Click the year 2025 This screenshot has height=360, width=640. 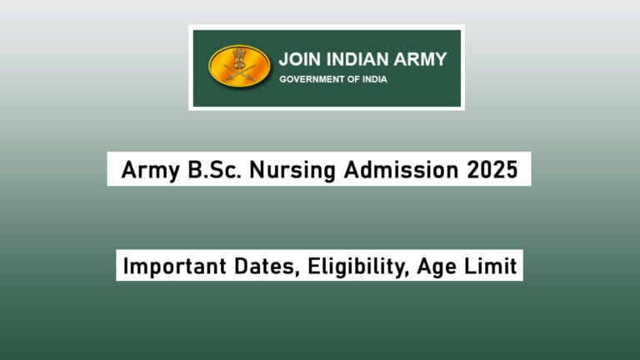tap(487, 170)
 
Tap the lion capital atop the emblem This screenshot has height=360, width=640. tap(239, 57)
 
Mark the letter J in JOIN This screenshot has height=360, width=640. tap(283, 60)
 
